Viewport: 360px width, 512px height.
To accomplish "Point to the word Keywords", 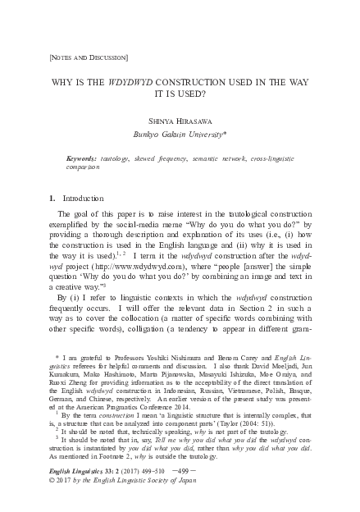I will [x=83, y=156].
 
